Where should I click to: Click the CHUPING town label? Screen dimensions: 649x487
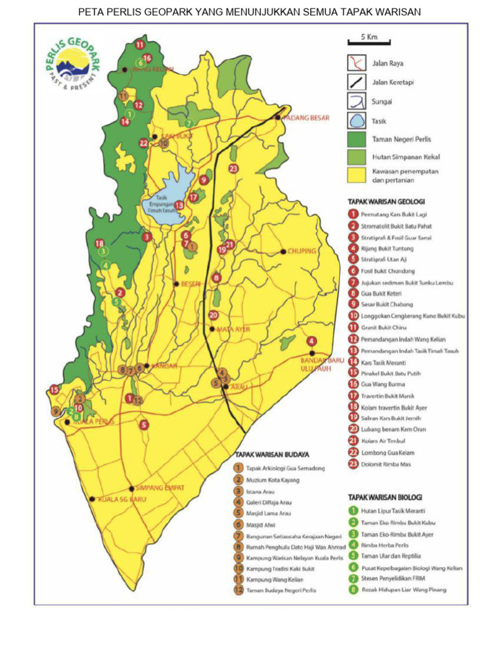pyautogui.click(x=301, y=252)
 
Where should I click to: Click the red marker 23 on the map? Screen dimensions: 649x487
pyautogui.click(x=233, y=169)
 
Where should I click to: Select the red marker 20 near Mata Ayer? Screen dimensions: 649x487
pyautogui.click(x=213, y=315)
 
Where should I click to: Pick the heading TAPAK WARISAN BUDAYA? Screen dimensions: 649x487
pyautogui.click(x=272, y=454)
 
